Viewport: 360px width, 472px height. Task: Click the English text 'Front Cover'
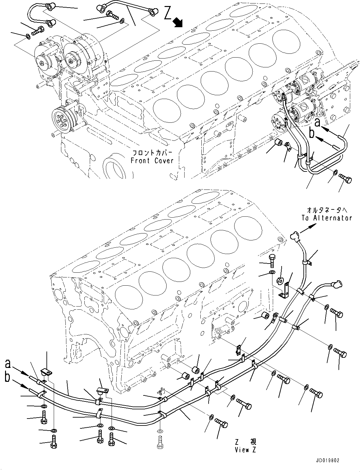152,161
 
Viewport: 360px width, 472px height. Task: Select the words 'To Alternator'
326,218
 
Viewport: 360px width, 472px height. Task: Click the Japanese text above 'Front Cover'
152,153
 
